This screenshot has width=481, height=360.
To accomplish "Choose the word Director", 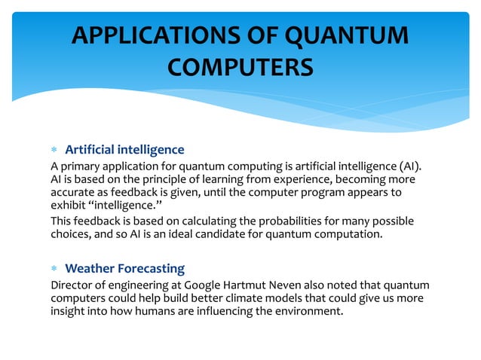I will (x=72, y=285).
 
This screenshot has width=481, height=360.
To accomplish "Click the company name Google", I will (x=205, y=285).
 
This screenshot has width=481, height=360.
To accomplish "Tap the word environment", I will (x=305, y=312).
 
